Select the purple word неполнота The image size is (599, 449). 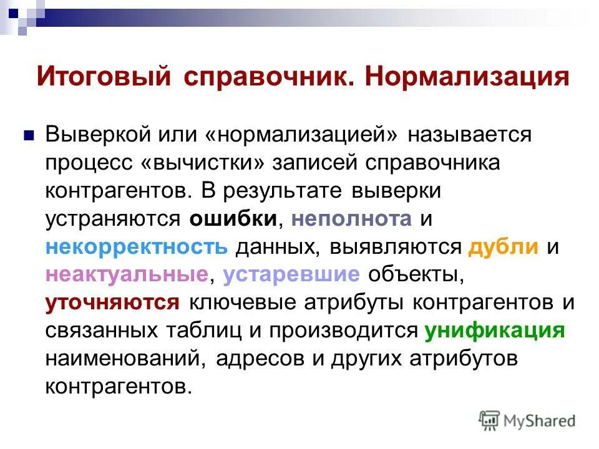[351, 218]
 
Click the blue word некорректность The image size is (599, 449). [137, 246]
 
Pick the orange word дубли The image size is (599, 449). [503, 246]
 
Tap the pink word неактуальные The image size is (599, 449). [126, 274]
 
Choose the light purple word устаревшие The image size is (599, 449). [291, 274]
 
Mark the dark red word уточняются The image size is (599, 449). [113, 302]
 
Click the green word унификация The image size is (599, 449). [495, 330]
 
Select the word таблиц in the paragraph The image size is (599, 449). [188, 330]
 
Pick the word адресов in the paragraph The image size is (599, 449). [271, 358]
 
